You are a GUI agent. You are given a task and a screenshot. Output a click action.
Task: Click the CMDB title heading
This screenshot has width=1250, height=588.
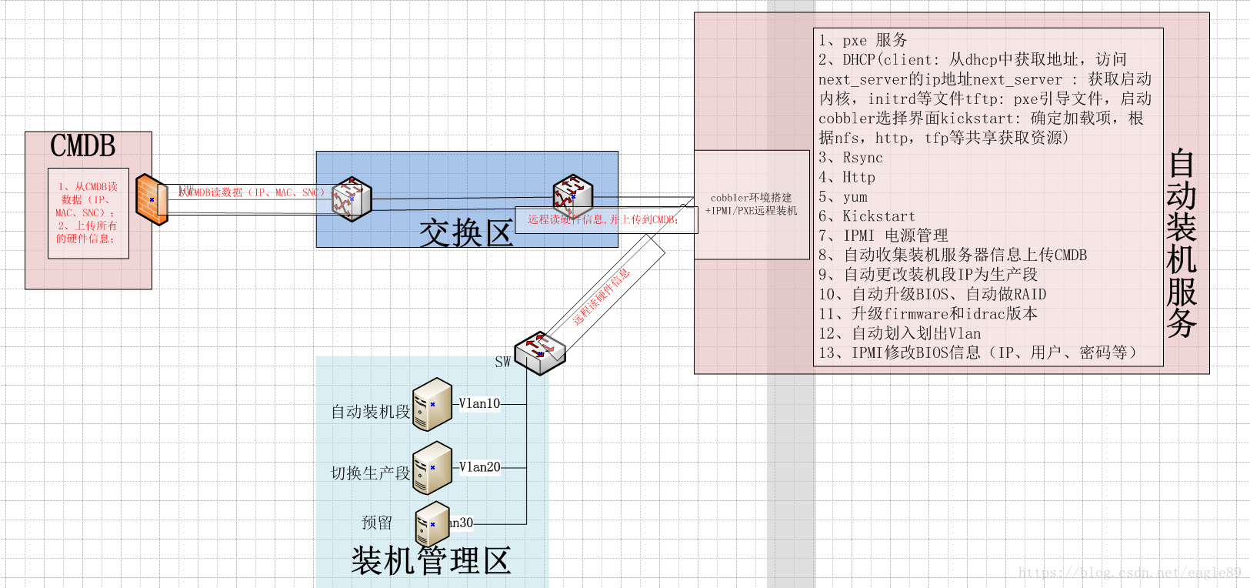83,146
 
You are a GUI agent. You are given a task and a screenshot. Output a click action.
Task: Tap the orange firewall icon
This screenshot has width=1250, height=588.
152,199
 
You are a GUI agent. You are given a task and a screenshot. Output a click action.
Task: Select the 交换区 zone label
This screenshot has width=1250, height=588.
466,232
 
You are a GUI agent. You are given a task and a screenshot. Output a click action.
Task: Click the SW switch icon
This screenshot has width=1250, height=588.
540,353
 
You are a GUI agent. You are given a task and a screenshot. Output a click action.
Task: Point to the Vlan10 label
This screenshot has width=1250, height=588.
479,403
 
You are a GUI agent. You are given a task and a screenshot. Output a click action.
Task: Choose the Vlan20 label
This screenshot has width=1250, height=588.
479,467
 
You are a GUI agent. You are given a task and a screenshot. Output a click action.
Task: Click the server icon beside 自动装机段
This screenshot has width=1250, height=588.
432,404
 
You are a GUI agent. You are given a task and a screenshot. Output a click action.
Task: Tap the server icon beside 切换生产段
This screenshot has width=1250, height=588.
432,468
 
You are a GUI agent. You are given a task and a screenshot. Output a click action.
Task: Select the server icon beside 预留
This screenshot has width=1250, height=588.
432,524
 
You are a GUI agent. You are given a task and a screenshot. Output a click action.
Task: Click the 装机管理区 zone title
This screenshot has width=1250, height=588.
431,561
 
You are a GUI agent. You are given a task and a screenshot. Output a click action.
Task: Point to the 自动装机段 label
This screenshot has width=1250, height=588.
370,412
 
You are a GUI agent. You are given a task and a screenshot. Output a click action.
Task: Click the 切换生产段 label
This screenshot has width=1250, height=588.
370,473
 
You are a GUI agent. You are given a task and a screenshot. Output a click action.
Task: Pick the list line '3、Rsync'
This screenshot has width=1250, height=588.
850,158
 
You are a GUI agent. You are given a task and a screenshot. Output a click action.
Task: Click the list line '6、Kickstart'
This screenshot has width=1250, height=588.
866,216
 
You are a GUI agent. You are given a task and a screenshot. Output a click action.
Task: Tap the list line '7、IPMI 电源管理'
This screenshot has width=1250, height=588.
882,236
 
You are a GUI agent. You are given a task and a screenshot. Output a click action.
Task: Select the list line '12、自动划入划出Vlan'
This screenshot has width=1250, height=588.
899,333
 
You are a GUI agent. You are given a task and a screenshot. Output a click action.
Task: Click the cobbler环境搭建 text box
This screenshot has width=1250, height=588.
752,204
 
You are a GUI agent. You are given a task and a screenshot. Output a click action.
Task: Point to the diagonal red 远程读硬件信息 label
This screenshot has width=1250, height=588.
602,296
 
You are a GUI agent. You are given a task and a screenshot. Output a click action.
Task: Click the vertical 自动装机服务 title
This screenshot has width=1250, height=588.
1182,243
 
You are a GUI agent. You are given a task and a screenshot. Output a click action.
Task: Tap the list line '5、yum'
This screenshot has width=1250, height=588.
842,197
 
